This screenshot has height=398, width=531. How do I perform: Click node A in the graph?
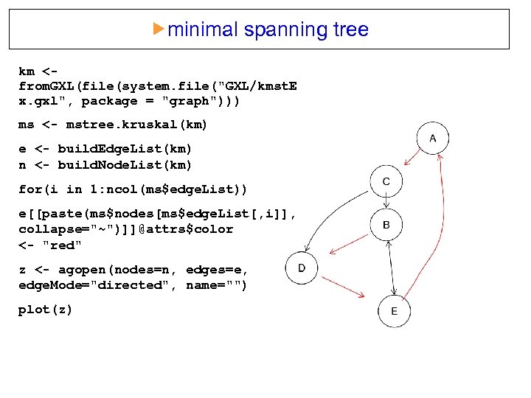(432, 139)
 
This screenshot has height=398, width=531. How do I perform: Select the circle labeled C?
(386, 181)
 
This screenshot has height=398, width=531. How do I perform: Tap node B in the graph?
(386, 225)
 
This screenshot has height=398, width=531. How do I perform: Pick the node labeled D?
(302, 268)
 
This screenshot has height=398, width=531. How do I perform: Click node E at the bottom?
(394, 311)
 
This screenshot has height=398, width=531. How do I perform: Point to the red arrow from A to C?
(408, 161)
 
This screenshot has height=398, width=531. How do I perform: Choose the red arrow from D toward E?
(348, 290)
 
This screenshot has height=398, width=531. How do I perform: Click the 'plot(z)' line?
(46, 310)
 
